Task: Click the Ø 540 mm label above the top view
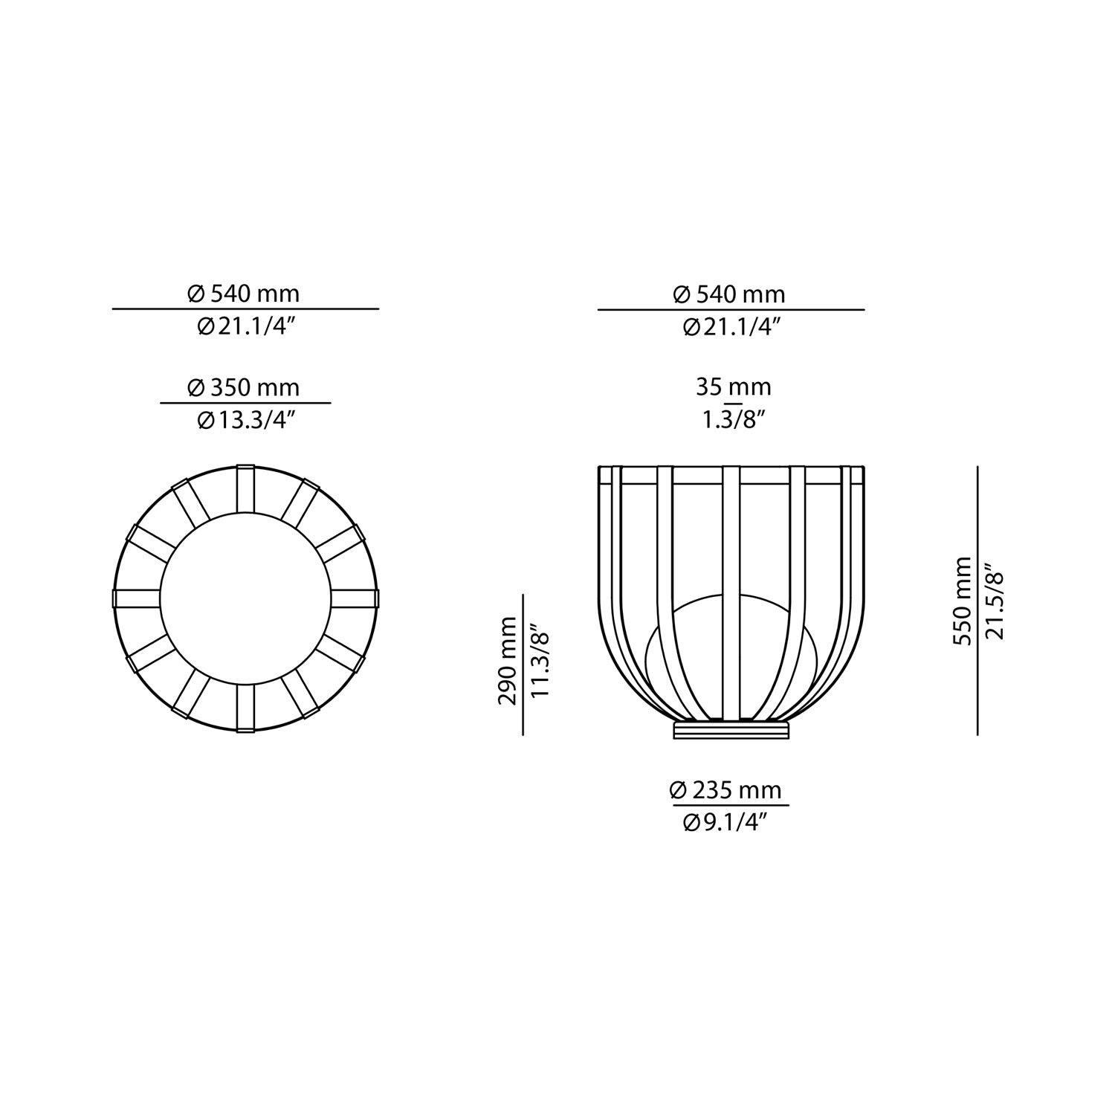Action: coord(244,294)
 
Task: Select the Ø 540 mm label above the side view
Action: coord(729,294)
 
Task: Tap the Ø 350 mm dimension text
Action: coord(244,387)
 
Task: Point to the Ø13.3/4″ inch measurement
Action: coord(246,420)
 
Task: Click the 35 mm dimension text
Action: coord(733,387)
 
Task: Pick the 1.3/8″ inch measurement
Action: coord(733,420)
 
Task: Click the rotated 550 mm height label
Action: coord(963,601)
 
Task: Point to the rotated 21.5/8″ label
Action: coord(995,601)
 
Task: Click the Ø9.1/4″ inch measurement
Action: coord(725,822)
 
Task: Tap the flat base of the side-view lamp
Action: coord(731,729)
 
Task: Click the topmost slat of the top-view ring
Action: coord(245,488)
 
